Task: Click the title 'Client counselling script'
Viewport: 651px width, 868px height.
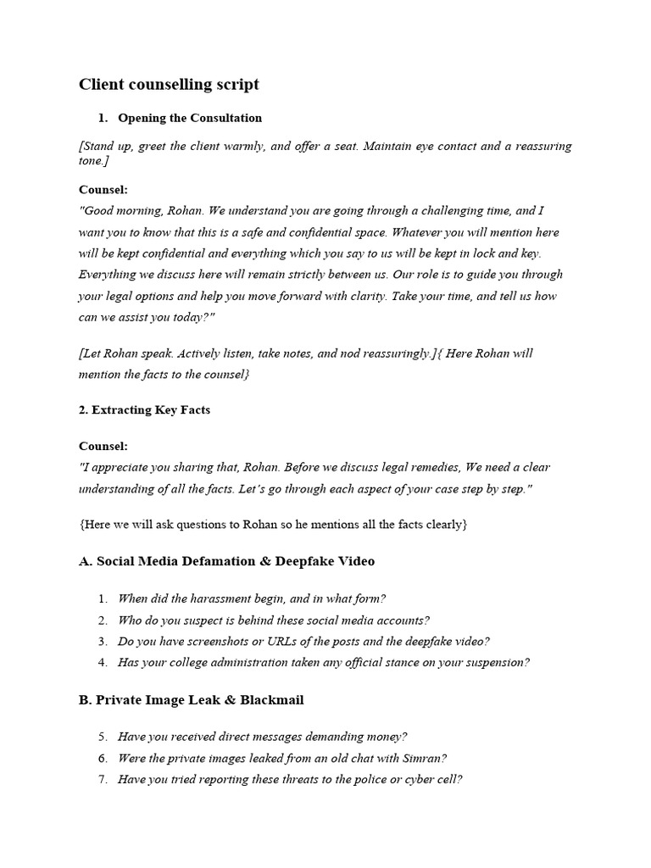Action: click(169, 84)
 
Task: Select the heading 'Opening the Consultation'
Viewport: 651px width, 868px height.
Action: click(190, 118)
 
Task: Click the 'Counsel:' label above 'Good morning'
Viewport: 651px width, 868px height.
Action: click(103, 190)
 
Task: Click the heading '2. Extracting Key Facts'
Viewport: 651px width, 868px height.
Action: click(144, 409)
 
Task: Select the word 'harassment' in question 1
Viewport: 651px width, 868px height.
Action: click(214, 598)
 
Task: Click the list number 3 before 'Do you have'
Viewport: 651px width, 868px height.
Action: click(102, 642)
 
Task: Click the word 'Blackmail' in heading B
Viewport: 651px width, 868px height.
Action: click(272, 700)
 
